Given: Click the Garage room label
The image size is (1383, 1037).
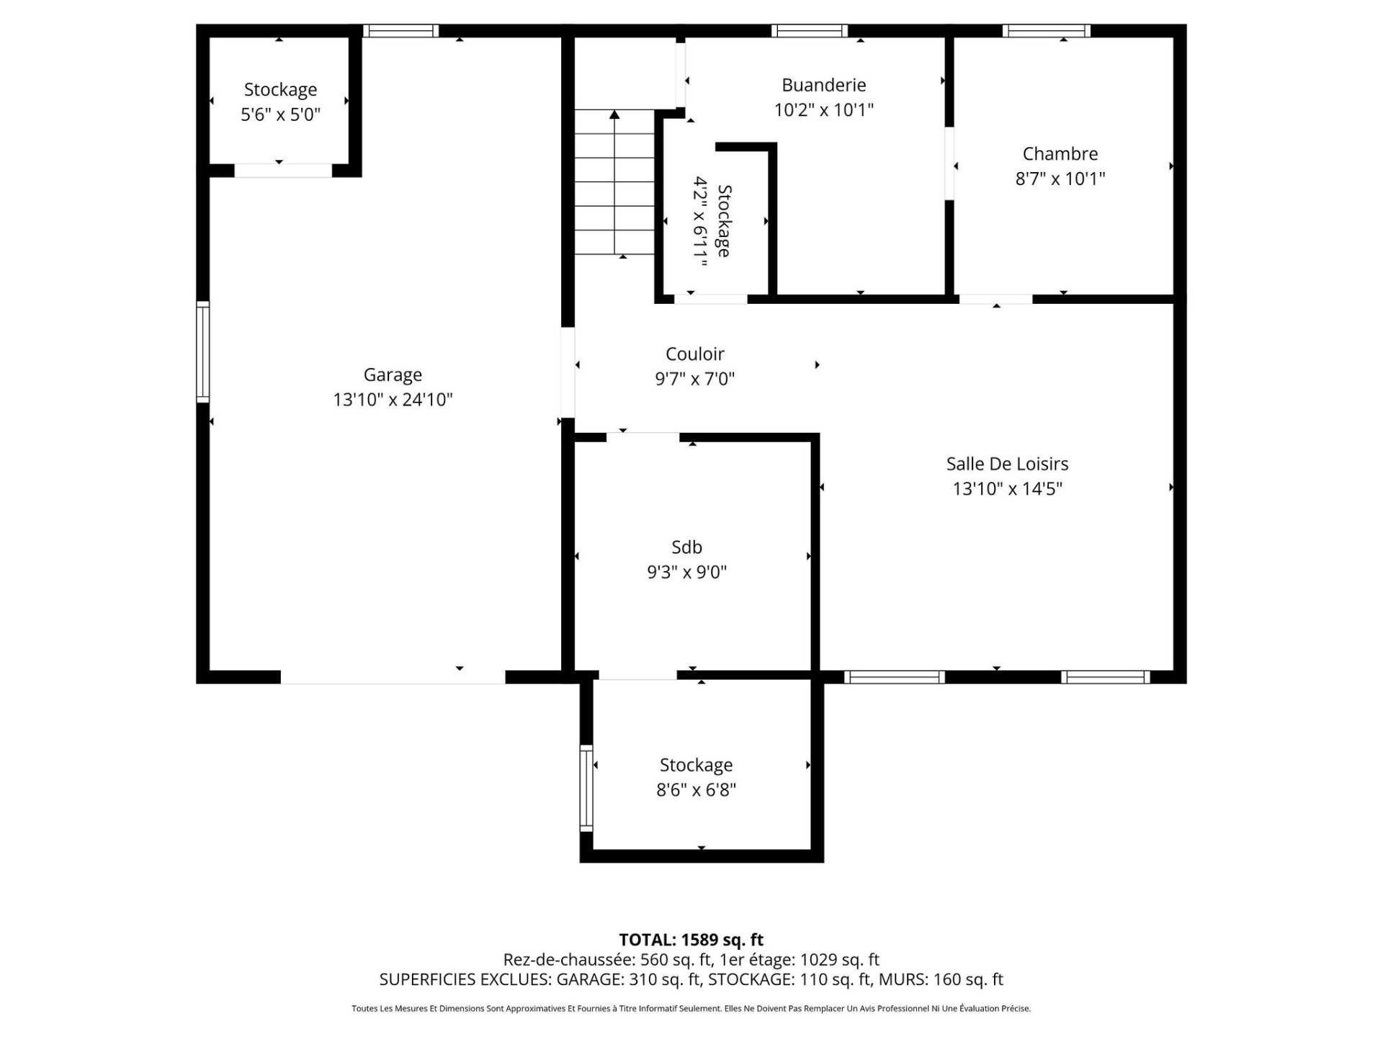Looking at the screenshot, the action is [x=393, y=375].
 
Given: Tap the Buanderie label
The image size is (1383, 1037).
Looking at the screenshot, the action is [x=824, y=85].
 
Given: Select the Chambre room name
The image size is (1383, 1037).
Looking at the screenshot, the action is [x=1060, y=154].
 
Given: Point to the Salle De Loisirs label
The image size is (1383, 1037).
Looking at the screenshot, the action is [x=1007, y=464].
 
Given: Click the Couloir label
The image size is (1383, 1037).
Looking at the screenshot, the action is [x=695, y=354].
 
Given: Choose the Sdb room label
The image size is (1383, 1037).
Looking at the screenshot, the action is [x=686, y=547].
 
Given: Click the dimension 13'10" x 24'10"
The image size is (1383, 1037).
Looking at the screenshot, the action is [x=393, y=400].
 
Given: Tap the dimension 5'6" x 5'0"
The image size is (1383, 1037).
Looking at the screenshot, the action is [x=280, y=115].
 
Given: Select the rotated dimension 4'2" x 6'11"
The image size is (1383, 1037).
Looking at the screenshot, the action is [x=700, y=221].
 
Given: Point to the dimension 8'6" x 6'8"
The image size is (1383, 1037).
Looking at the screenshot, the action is [x=696, y=790].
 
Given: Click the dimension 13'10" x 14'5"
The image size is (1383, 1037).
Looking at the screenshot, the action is [x=1007, y=489].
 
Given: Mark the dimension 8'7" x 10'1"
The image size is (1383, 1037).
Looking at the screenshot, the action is [x=1060, y=179].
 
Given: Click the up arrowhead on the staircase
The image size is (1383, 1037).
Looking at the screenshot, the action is [x=614, y=114].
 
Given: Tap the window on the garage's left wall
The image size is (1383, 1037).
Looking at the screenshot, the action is [x=203, y=351].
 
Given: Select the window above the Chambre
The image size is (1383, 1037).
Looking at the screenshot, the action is [x=1046, y=31].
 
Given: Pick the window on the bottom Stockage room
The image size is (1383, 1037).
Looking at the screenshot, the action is [x=586, y=789].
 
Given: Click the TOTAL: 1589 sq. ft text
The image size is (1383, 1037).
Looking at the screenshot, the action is [x=691, y=940].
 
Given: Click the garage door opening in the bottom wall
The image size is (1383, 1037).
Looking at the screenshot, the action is [x=393, y=677].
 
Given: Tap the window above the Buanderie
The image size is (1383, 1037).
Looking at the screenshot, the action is [x=810, y=31].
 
